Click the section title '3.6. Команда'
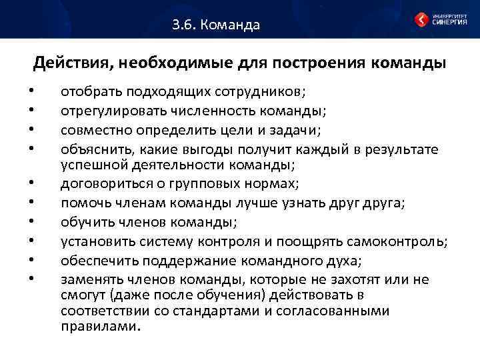click(x=215, y=26)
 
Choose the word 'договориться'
click(x=98, y=181)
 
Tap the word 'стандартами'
click(x=209, y=311)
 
